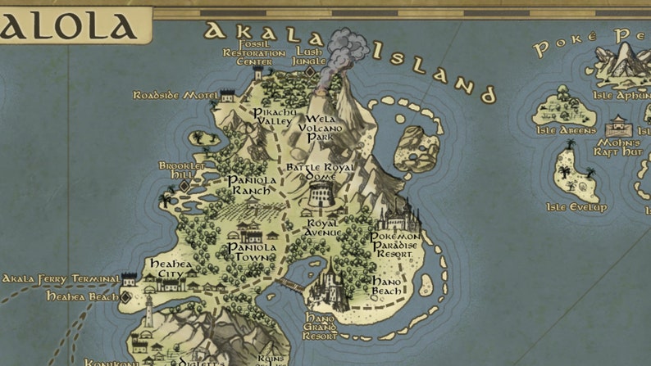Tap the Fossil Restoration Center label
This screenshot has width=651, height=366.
[x=254, y=52]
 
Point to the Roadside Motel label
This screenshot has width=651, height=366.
[x=175, y=95]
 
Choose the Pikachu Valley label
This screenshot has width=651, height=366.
[x=273, y=116]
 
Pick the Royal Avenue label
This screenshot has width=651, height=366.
[x=324, y=227]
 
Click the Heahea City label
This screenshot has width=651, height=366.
[x=171, y=269]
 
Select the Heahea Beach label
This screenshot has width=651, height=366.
[x=82, y=296]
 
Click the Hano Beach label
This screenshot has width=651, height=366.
[x=386, y=286]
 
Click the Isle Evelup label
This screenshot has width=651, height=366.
[x=576, y=207]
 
